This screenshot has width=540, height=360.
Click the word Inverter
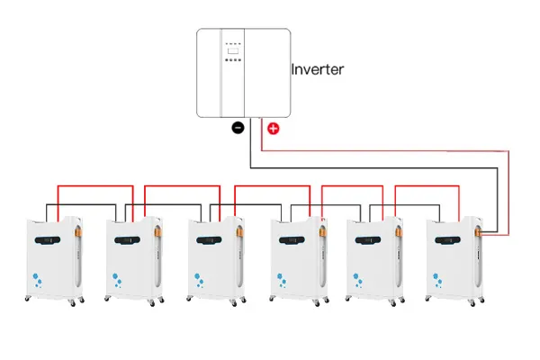318,68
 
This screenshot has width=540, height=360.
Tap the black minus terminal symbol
238,128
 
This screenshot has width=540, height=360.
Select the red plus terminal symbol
274,128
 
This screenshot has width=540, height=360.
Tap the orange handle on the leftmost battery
77,237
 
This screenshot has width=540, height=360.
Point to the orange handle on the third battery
238,237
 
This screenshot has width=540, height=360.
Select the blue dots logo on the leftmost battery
38,279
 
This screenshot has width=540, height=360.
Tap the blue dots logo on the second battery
118,279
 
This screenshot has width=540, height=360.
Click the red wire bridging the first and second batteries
94,187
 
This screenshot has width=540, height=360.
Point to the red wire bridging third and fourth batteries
274,187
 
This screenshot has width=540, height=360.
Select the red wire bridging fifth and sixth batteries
428,187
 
